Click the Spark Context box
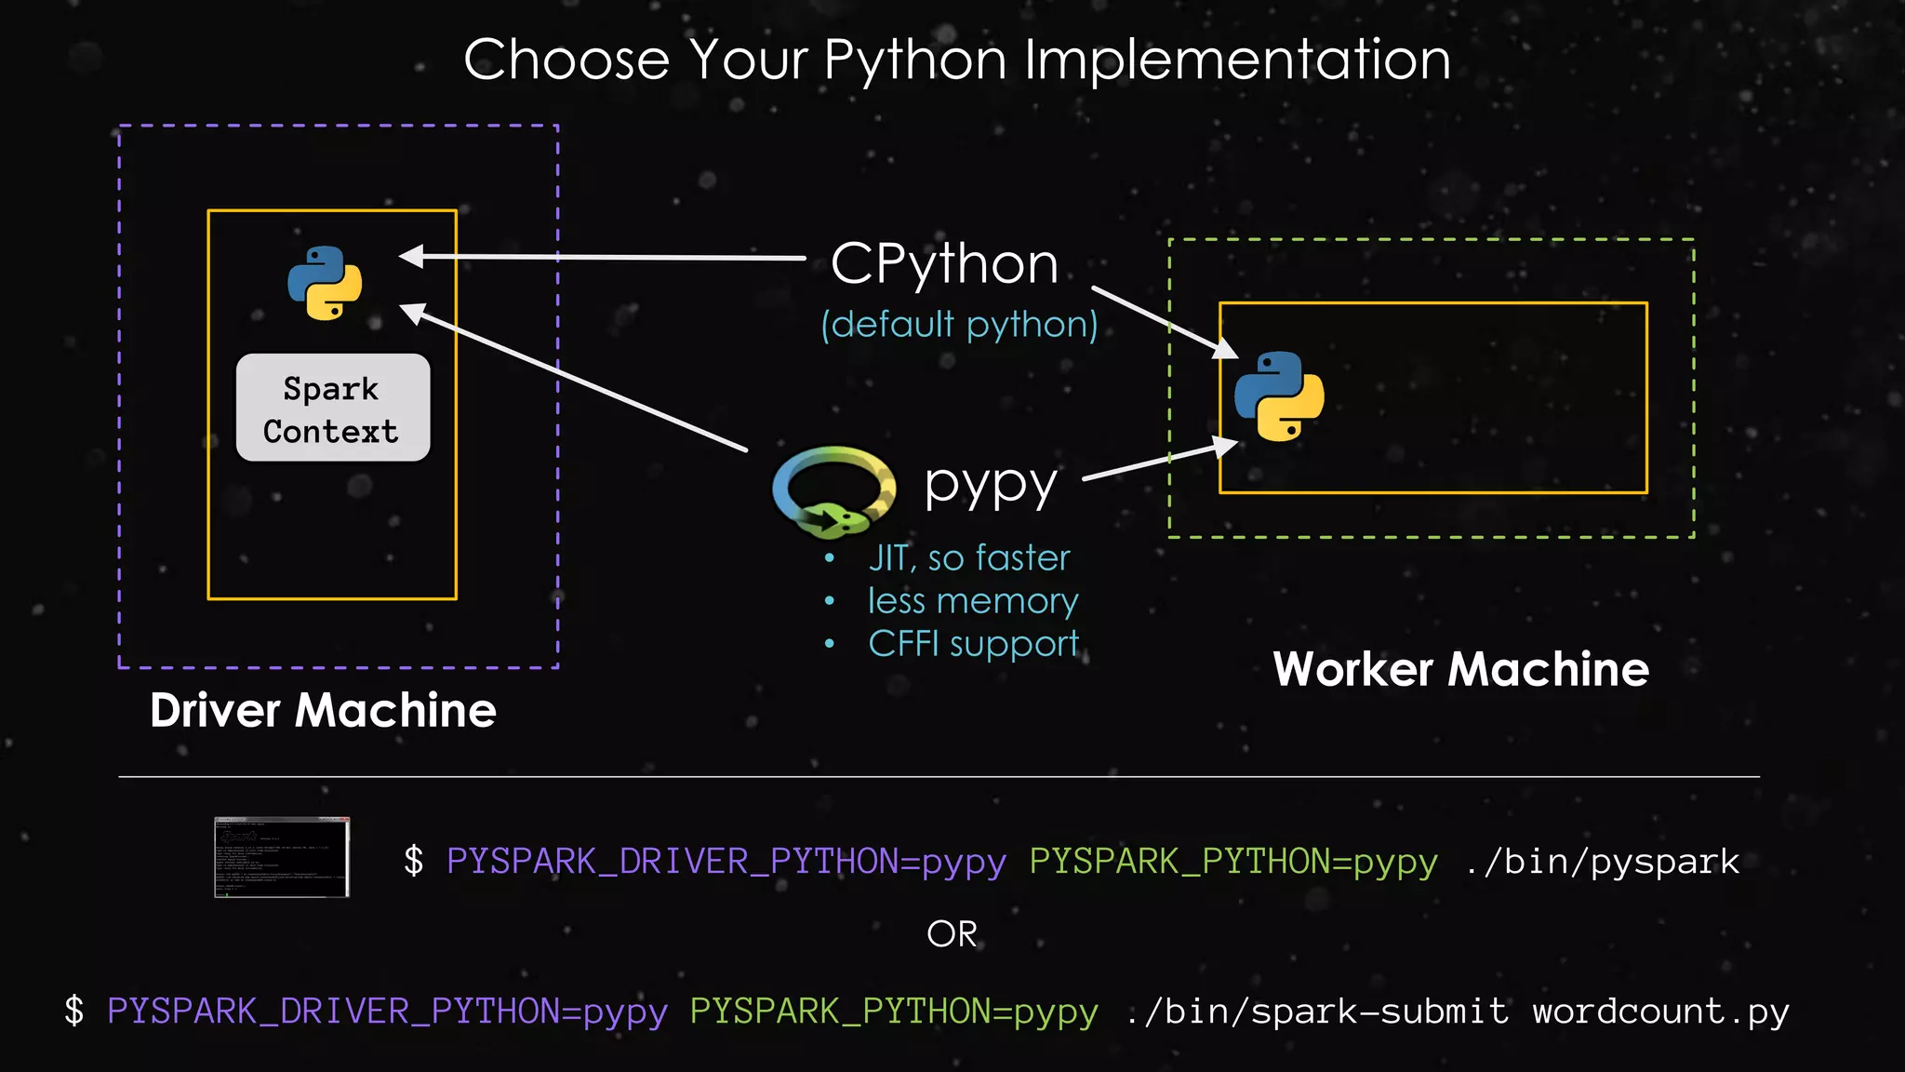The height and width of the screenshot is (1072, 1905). (x=333, y=408)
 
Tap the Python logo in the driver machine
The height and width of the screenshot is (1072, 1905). (x=325, y=283)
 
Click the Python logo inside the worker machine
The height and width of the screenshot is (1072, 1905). (x=1279, y=396)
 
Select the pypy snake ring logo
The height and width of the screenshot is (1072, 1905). (x=833, y=491)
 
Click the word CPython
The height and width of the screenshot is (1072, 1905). (x=944, y=264)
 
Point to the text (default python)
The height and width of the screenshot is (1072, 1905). (x=959, y=325)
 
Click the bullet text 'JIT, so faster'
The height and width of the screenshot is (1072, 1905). (x=968, y=558)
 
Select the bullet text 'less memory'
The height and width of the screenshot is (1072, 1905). (x=972, y=601)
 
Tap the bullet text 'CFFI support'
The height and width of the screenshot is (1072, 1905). (x=973, y=644)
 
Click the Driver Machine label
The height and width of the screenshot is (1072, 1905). (x=323, y=711)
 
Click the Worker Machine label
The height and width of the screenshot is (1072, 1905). (x=1460, y=669)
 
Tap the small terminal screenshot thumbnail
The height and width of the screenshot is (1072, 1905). (x=282, y=857)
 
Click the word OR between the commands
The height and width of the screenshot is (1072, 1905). (x=952, y=934)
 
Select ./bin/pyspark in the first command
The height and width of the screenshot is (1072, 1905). (x=1602, y=862)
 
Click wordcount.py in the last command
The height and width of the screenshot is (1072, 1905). (x=1660, y=1012)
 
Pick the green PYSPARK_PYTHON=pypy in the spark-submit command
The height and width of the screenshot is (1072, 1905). (x=894, y=1012)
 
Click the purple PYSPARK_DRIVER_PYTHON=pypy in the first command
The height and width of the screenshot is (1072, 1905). (x=726, y=862)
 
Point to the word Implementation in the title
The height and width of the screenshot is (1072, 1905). (x=1237, y=60)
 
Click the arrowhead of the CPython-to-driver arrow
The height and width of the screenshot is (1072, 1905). (x=411, y=256)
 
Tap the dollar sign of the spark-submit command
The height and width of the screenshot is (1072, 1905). (x=74, y=1012)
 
